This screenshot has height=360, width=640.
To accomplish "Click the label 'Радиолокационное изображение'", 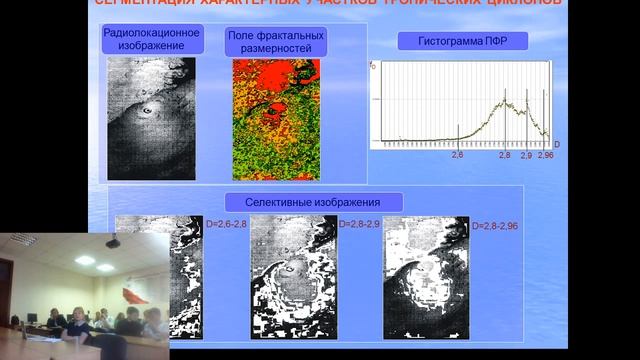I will (x=152, y=39).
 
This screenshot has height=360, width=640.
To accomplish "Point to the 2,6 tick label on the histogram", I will (x=458, y=156).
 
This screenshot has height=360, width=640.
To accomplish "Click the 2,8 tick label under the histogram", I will (x=504, y=156).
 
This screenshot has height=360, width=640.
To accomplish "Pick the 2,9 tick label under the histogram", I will (x=527, y=156).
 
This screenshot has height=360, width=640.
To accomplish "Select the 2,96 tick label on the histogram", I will (x=546, y=156).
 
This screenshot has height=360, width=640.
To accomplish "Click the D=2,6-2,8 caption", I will (x=225, y=225).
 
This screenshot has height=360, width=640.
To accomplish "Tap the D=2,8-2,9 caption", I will (x=359, y=225).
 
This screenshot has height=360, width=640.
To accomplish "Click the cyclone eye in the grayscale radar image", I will (x=148, y=110).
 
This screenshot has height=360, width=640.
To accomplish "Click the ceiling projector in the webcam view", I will (x=112, y=242).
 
